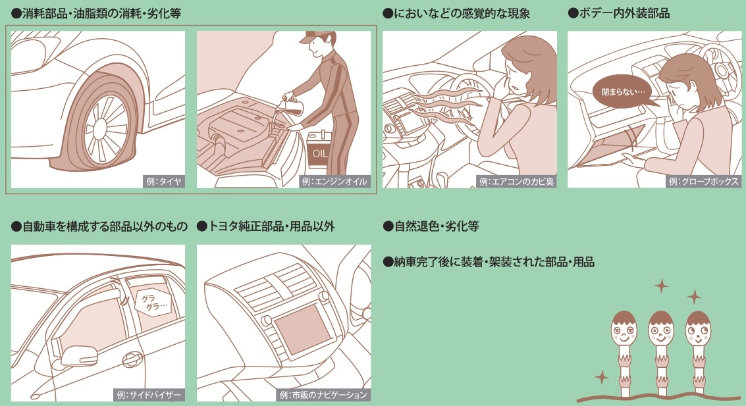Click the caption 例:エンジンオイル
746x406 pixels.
pyautogui.click(x=335, y=182)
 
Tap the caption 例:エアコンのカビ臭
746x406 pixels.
pyautogui.click(x=518, y=182)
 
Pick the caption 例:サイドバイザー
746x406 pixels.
pyautogui.click(x=149, y=395)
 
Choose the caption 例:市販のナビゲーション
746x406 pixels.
pyautogui.click(x=323, y=395)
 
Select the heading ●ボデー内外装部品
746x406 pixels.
pyautogui.click(x=618, y=13)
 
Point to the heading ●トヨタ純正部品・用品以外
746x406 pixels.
pyautogui.click(x=265, y=226)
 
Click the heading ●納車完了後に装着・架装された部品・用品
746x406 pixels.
pyautogui.click(x=489, y=262)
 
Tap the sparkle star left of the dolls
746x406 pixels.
pyautogui.click(x=601, y=377)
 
